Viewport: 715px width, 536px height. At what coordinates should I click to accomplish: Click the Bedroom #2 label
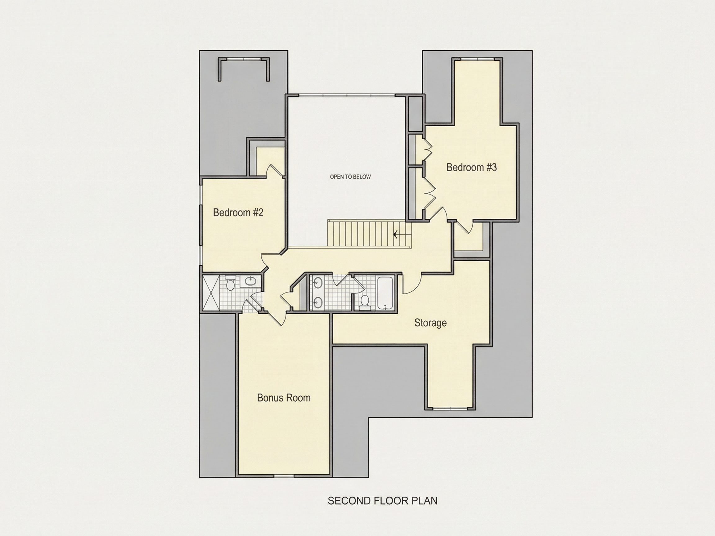click(x=238, y=212)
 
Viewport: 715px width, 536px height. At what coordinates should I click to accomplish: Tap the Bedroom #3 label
click(x=472, y=167)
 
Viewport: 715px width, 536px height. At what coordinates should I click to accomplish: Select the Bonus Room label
click(x=284, y=398)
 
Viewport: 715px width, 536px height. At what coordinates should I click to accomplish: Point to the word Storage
click(x=430, y=323)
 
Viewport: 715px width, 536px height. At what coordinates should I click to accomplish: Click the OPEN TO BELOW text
click(x=350, y=177)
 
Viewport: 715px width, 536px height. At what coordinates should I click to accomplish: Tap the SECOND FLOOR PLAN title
click(x=383, y=501)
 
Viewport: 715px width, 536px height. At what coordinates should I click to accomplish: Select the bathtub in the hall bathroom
click(x=385, y=293)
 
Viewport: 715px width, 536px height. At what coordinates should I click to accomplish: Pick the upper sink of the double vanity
click(x=318, y=283)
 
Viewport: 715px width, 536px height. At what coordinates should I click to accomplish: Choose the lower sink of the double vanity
click(x=318, y=302)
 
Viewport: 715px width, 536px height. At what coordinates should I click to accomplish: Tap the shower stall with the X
click(x=211, y=293)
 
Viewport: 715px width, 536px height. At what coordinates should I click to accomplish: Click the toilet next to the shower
click(x=231, y=283)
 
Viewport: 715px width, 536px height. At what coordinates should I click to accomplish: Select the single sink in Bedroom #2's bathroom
click(x=250, y=281)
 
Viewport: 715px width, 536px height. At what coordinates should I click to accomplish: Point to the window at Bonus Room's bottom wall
click(x=284, y=476)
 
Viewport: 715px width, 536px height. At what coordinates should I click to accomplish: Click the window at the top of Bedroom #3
click(x=477, y=59)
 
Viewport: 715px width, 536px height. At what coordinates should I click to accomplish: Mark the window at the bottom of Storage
click(x=450, y=409)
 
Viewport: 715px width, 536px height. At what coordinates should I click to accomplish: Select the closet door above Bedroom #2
click(x=275, y=170)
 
